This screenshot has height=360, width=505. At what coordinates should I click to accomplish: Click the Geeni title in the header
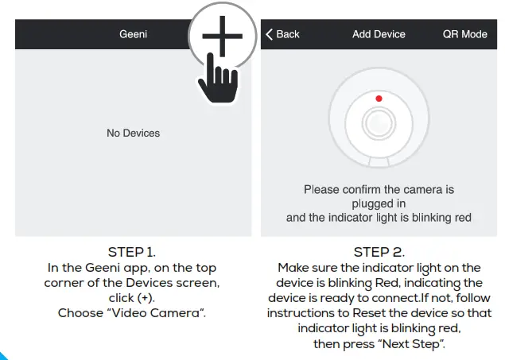pyautogui.click(x=133, y=34)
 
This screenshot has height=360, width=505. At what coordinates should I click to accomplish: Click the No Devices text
pyautogui.click(x=133, y=134)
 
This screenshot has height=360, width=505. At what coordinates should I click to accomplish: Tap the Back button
pyautogui.click(x=282, y=34)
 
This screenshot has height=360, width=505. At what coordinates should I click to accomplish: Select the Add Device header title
pyautogui.click(x=379, y=34)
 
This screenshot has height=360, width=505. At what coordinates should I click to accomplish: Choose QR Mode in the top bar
pyautogui.click(x=464, y=34)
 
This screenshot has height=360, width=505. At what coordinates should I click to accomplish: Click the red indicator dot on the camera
pyautogui.click(x=379, y=99)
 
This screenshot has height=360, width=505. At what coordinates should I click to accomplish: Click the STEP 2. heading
pyautogui.click(x=379, y=253)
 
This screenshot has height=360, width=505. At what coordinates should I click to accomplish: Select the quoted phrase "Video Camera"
pyautogui.click(x=155, y=313)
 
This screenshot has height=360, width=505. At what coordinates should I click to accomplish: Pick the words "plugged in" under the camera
pyautogui.click(x=379, y=203)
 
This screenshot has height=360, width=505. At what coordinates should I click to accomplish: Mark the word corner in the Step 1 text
pyautogui.click(x=66, y=283)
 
